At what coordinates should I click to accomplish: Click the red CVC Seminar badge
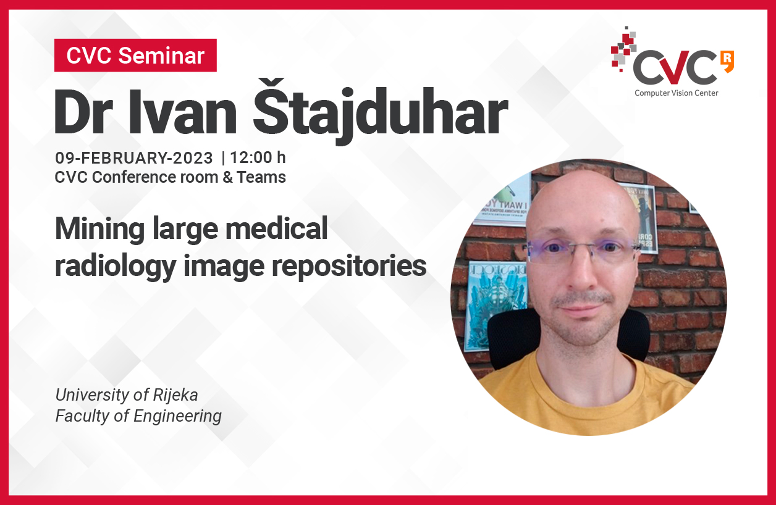click(135, 56)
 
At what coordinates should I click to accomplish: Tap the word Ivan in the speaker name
click(182, 112)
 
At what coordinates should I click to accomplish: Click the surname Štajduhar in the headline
click(381, 111)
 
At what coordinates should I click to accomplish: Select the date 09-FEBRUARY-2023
click(133, 158)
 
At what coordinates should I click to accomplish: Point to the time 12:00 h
click(258, 157)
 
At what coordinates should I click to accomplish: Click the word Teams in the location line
click(261, 177)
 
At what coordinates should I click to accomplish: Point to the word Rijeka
click(175, 395)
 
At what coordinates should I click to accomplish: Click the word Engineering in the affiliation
click(177, 416)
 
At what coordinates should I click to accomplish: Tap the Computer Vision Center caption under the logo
click(677, 93)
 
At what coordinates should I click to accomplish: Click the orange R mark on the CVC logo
click(727, 62)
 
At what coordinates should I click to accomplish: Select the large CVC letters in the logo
click(675, 67)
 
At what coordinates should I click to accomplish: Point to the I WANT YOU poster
click(503, 202)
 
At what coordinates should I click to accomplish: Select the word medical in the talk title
click(276, 228)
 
